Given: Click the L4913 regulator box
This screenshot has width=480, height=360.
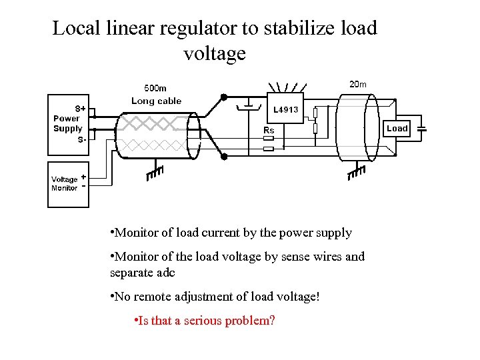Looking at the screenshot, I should click(x=286, y=109).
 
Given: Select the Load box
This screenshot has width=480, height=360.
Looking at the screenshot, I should click(x=397, y=128).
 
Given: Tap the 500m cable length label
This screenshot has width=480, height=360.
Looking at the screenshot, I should click(x=155, y=88).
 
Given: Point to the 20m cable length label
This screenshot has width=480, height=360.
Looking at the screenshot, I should click(x=357, y=84).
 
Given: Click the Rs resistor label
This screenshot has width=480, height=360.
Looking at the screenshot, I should click(x=269, y=130).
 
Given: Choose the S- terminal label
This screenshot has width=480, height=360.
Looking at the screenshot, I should click(x=81, y=139).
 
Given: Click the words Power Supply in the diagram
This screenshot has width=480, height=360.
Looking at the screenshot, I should click(x=68, y=123).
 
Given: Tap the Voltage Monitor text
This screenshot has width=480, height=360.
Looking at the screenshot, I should click(x=65, y=183).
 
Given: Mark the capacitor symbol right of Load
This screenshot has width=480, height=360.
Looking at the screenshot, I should click(x=421, y=128).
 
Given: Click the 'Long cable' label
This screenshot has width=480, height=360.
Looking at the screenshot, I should click(x=156, y=101).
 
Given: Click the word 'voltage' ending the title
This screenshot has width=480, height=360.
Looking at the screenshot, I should click(x=215, y=53).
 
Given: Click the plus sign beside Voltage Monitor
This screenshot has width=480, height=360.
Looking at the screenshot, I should click(x=83, y=177).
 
